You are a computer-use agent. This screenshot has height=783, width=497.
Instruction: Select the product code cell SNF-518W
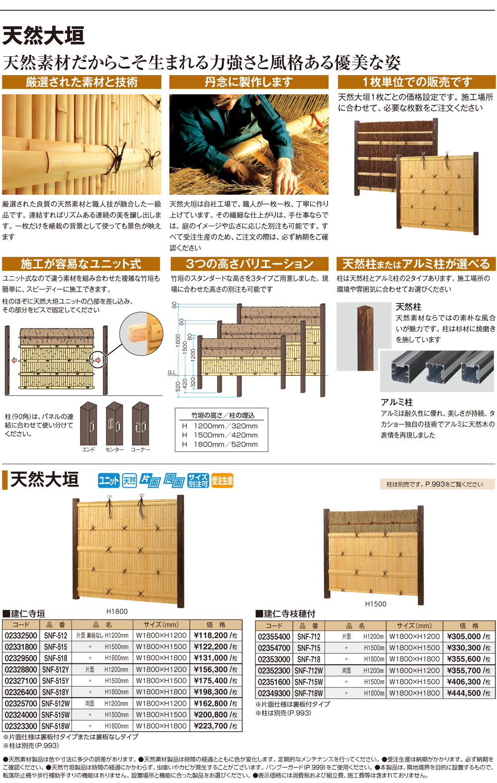click(x=56, y=726)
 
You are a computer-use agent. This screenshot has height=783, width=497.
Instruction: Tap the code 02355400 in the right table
click(x=274, y=636)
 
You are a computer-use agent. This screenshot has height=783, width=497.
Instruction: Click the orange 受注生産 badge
click(x=222, y=481)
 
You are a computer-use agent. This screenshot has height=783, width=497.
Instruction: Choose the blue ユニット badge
click(x=108, y=481)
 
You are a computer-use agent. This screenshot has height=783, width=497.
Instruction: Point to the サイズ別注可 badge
click(x=198, y=481)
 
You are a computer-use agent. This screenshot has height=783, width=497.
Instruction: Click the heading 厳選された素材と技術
click(x=82, y=82)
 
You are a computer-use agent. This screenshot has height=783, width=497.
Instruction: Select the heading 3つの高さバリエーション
click(x=249, y=264)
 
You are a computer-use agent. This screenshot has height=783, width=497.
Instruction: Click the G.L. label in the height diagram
click(x=172, y=372)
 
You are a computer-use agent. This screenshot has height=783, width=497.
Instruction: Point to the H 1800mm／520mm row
click(x=220, y=444)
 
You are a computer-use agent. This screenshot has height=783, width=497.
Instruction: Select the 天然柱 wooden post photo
click(x=365, y=337)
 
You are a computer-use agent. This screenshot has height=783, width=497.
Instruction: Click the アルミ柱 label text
click(x=397, y=402)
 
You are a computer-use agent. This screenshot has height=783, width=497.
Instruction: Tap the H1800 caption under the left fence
click(x=117, y=611)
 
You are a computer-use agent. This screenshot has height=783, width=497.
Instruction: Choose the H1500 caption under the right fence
click(x=375, y=604)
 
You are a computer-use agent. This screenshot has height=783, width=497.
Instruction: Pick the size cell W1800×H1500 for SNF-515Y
click(x=162, y=681)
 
